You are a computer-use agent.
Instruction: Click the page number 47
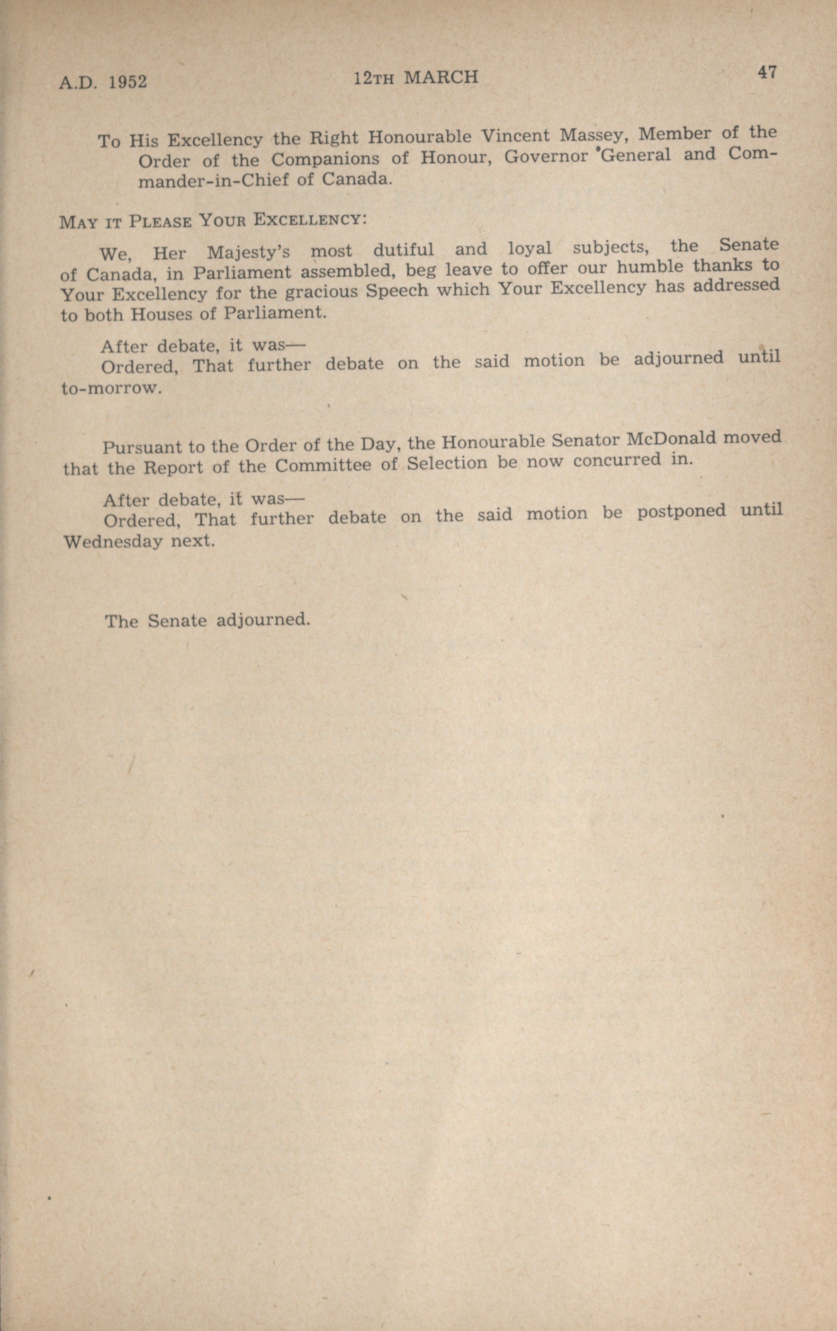pyautogui.click(x=768, y=72)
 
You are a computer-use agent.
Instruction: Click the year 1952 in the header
pyautogui.click(x=128, y=82)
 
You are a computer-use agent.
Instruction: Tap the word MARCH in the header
pyautogui.click(x=441, y=78)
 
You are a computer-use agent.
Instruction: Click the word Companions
pyautogui.click(x=325, y=159)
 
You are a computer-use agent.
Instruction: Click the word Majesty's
pyautogui.click(x=248, y=253)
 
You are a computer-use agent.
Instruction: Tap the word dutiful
pyautogui.click(x=403, y=250)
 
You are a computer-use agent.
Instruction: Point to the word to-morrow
pyautogui.click(x=111, y=388)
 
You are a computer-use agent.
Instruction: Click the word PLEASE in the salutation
pyautogui.click(x=161, y=222)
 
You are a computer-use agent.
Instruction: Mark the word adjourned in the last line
pyautogui.click(x=261, y=620)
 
